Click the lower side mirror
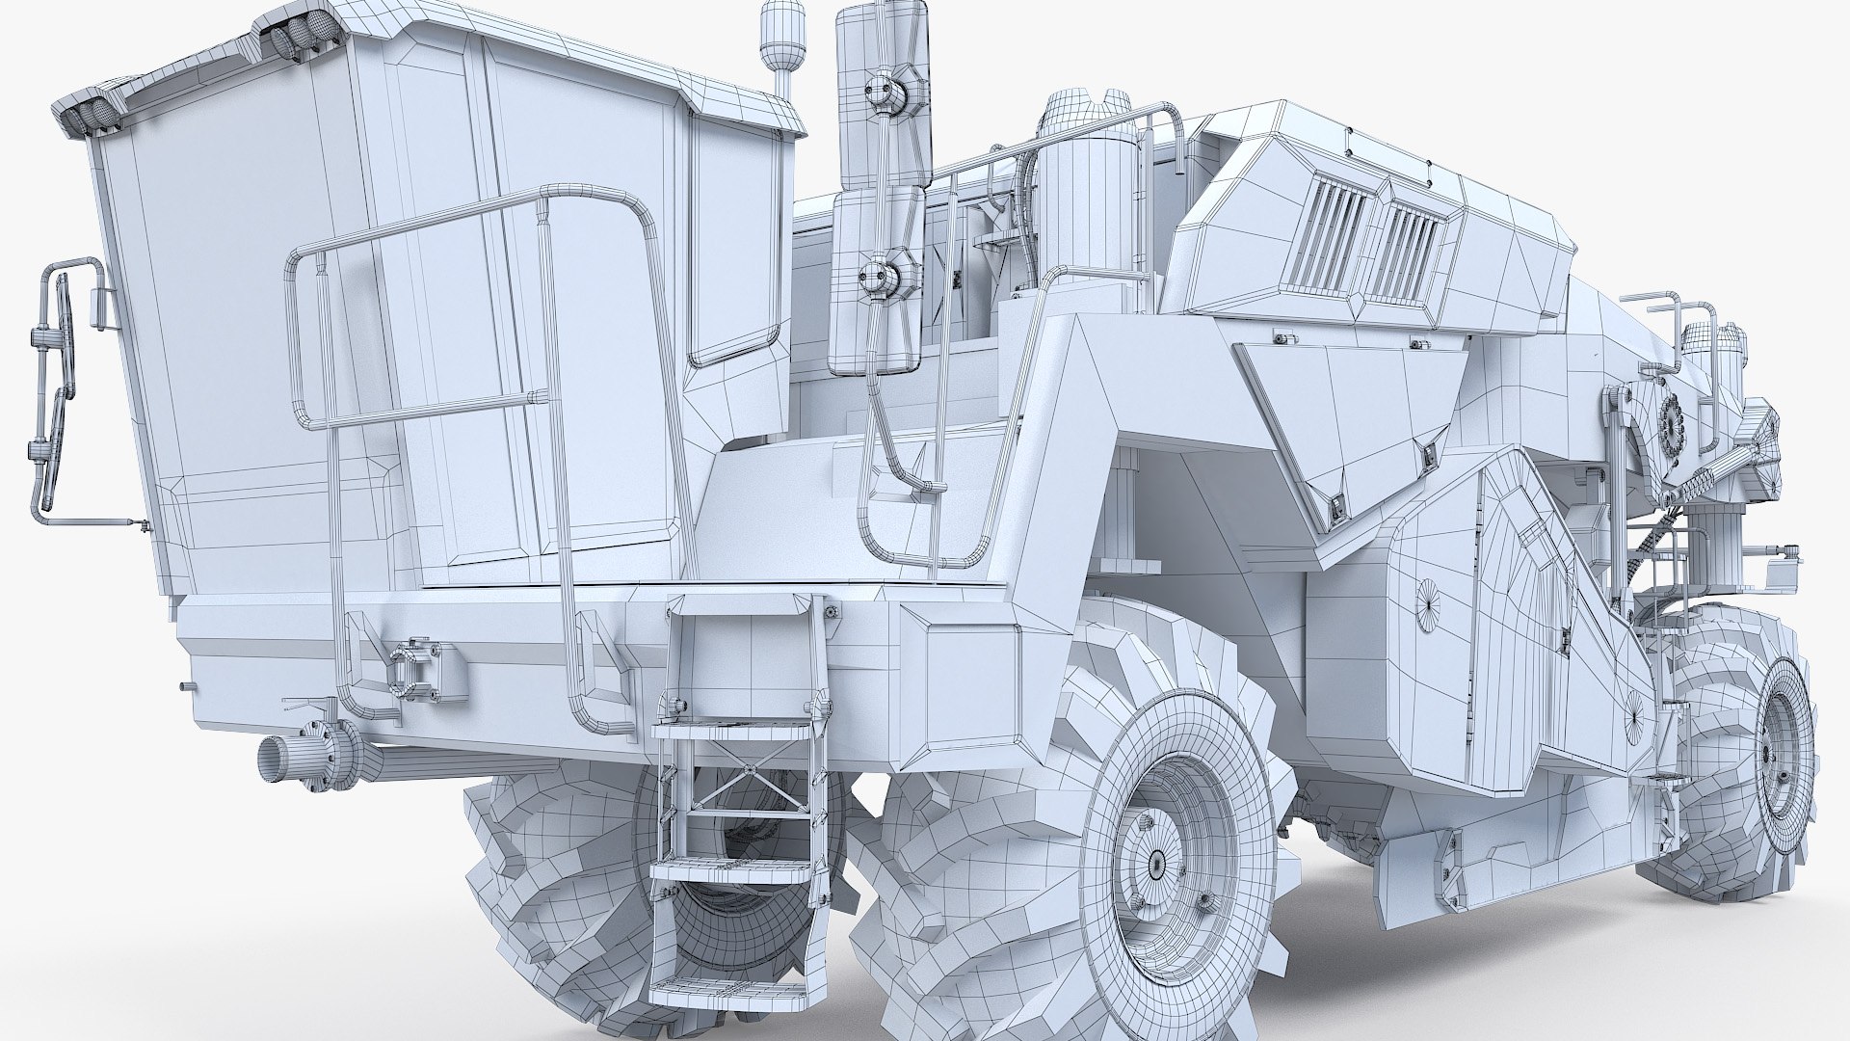coord(877,280)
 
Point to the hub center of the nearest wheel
coord(1156,861)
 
